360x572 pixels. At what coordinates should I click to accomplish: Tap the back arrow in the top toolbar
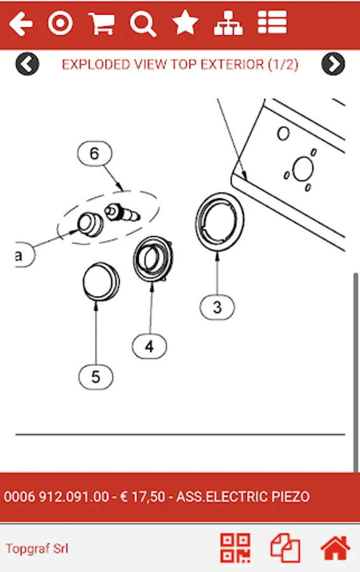(21, 24)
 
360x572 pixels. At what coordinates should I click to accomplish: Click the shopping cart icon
(102, 24)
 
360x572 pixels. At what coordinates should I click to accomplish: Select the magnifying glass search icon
(143, 24)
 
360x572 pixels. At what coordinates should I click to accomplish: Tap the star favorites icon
(185, 23)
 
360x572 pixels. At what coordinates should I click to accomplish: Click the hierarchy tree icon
(228, 24)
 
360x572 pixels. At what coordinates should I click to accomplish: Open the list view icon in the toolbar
(272, 22)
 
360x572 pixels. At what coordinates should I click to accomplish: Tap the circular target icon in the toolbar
(60, 24)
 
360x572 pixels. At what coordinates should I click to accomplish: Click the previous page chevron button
(27, 64)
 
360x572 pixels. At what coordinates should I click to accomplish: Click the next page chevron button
(333, 64)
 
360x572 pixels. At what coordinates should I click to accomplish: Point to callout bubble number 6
(95, 154)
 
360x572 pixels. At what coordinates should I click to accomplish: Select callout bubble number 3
(218, 307)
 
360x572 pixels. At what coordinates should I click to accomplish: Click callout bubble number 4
(149, 346)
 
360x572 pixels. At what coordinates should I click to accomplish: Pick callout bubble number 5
(95, 376)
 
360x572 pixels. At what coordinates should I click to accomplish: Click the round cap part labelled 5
(101, 282)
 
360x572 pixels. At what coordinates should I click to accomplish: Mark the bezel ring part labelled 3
(220, 222)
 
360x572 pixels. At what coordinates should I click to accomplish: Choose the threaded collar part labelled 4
(153, 259)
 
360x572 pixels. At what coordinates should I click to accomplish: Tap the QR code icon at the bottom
(235, 548)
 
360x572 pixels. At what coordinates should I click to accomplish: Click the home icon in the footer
(335, 548)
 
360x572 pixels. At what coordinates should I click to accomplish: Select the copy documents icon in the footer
(285, 548)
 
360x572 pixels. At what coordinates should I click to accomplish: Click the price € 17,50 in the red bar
(142, 497)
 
